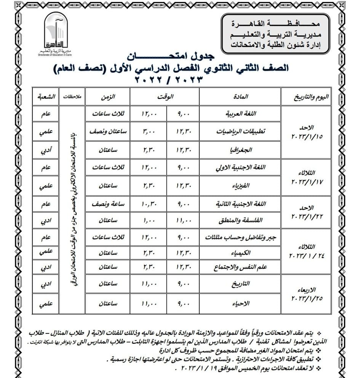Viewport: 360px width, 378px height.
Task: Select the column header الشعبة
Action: click(45, 97)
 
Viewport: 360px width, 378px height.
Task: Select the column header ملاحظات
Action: click(71, 97)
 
